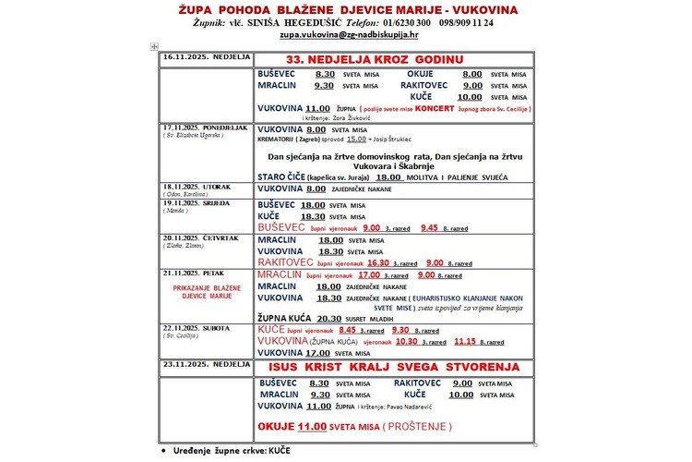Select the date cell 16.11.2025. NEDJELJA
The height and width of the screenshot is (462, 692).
click(x=206, y=57)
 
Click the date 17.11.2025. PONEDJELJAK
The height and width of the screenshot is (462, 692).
click(x=205, y=128)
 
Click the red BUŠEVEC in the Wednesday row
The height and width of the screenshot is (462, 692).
click(x=287, y=226)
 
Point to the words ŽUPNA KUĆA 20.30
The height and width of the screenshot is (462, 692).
click(x=304, y=318)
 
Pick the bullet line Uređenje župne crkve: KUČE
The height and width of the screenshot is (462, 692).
click(x=225, y=453)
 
